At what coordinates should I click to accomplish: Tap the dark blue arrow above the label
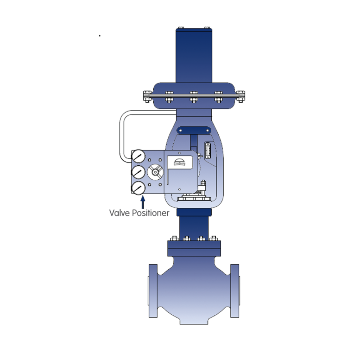tap(143, 202)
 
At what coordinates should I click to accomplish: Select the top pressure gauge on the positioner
tap(138, 156)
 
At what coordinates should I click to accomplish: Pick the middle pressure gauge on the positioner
tap(138, 172)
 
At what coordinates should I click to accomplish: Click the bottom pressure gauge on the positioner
tap(138, 188)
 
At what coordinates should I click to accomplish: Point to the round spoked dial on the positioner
tap(155, 172)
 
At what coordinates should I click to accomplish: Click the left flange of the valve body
tap(153, 291)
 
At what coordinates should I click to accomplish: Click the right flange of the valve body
tap(235, 291)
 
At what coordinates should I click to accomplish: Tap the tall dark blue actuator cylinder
tap(194, 55)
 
